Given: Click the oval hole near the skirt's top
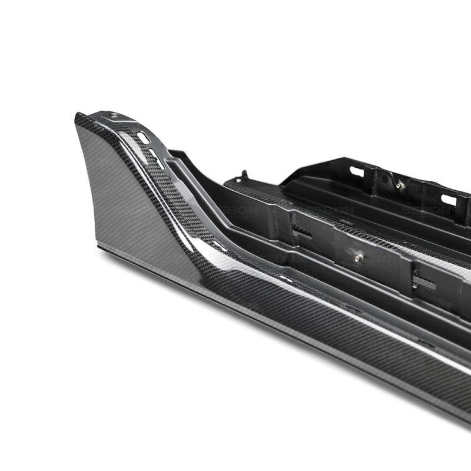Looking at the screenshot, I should coord(142,137).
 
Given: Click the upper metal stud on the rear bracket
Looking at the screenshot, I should coord(400,185).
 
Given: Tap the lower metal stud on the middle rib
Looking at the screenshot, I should coord(359,257).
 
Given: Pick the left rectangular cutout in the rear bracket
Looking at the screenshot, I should coord(356,171).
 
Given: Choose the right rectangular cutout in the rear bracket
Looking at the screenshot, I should coord(449,200).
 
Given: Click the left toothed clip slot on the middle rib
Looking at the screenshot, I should coord(301,233).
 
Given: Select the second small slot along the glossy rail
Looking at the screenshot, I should coord(286,277).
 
